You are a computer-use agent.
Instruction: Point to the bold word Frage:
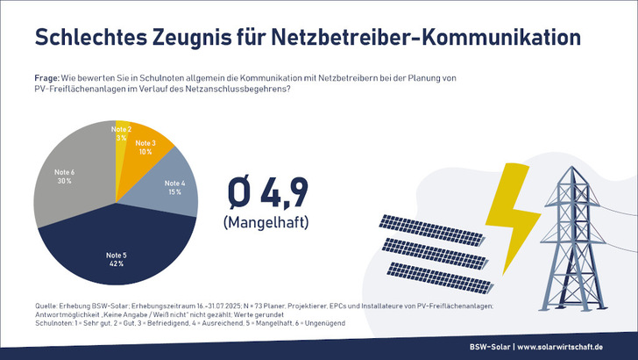48,80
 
